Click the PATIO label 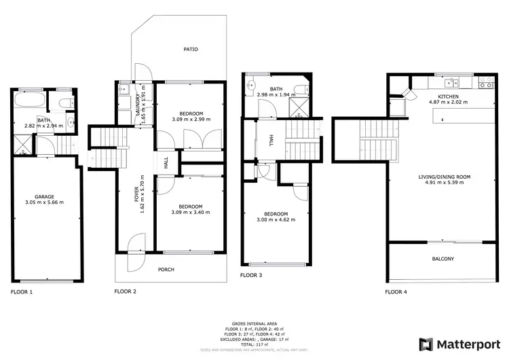pos(191,49)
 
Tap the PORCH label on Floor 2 pos(166,270)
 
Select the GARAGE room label pos(45,196)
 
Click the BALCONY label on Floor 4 pos(442,259)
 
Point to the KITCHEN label pos(448,97)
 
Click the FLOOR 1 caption pos(22,291)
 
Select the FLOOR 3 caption pos(252,276)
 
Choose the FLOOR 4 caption pos(396,291)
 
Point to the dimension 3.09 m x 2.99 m pos(191,119)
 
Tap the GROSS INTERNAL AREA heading pos(254,324)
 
